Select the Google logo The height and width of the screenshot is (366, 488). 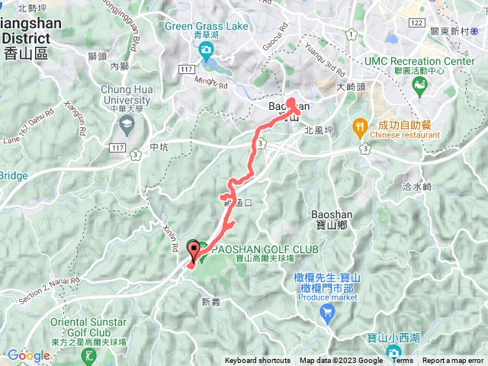28,355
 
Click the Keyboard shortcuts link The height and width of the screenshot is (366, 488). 257,361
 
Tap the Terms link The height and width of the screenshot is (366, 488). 403,361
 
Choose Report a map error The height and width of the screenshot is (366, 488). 454,361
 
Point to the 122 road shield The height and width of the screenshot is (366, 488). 416,24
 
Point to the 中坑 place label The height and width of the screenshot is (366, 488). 159,147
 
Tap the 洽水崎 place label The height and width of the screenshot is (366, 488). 417,186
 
